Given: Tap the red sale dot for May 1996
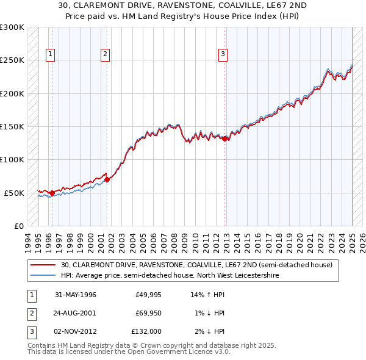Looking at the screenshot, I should click(x=52, y=193).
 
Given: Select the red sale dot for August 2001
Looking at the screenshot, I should click(x=107, y=179).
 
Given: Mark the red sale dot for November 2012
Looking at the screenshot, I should click(x=225, y=139).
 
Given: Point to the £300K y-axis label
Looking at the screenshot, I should click(x=12, y=28).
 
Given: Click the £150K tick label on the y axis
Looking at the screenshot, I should click(x=12, y=127).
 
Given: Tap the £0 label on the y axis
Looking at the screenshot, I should click(x=18, y=226).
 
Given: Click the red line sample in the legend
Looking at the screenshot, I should click(x=43, y=265).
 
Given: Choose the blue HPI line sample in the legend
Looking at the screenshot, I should click(x=43, y=276).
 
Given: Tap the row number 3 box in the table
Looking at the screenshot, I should click(x=31, y=331).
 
